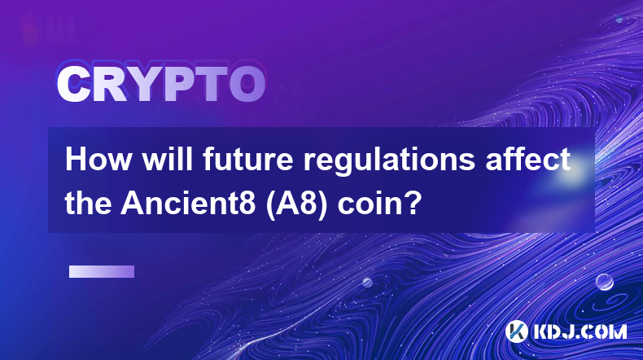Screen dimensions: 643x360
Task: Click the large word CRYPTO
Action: (161, 84)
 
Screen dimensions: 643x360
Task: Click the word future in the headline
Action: (248, 160)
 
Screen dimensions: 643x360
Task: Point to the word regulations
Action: (389, 162)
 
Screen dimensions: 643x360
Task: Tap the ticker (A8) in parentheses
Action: (297, 204)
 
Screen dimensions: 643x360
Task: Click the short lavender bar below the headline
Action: (102, 272)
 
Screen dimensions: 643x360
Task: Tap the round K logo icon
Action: (517, 331)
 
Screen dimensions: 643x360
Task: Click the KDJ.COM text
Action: (580, 331)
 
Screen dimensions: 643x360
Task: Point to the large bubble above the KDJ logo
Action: (605, 282)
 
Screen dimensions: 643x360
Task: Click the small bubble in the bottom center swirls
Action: (367, 282)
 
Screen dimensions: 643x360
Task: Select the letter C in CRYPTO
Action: (74, 84)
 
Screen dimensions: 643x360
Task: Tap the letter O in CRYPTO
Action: (247, 84)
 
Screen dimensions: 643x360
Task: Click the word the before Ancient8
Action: (88, 204)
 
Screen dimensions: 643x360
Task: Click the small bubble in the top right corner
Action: (619, 19)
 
